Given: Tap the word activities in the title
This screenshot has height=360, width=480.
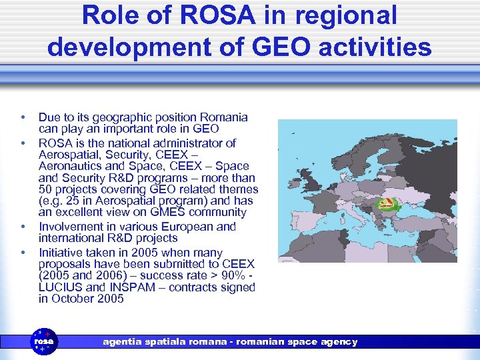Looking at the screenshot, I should point(371,47).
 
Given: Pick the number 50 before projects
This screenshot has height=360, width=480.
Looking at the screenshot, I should point(45,189).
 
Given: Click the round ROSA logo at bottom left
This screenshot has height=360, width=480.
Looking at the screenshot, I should point(45,341).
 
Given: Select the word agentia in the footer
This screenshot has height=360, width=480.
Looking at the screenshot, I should point(123,341).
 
